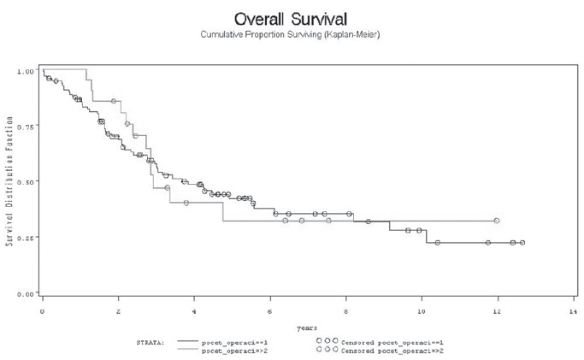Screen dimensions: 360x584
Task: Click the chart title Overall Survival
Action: point(292,18)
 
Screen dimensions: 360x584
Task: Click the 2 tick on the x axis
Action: point(118,311)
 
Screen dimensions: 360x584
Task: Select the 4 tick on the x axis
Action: point(194,311)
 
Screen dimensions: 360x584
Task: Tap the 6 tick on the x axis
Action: point(270,311)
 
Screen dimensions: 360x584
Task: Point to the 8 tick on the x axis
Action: point(346,311)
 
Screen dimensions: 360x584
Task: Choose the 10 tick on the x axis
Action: point(422,311)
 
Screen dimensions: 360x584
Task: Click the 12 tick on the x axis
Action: point(497,311)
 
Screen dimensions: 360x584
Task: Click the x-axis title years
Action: point(307,328)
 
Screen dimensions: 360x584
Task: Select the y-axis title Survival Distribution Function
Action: point(9,182)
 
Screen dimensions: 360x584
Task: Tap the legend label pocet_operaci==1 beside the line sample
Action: point(232,340)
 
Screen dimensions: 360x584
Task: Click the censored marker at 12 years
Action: point(497,221)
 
